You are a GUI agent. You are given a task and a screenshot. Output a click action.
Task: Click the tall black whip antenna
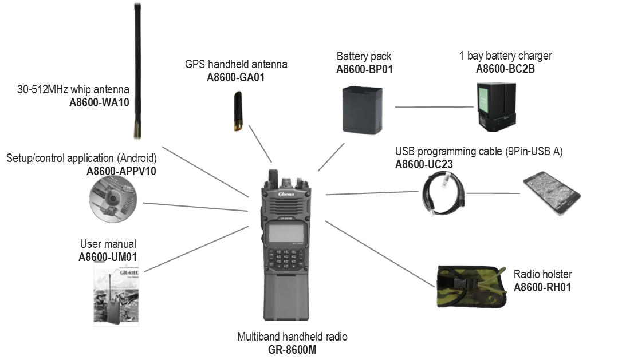click(137, 72)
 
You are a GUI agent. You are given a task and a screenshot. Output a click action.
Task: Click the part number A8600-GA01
click(235, 77)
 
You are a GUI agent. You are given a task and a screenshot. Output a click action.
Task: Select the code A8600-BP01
click(364, 70)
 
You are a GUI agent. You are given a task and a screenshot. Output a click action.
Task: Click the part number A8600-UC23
click(424, 164)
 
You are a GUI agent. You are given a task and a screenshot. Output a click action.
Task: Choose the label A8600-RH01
click(542, 287)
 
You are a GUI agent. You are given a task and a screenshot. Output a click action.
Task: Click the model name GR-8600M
click(292, 349)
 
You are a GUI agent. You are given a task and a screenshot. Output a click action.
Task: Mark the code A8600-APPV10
click(121, 171)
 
